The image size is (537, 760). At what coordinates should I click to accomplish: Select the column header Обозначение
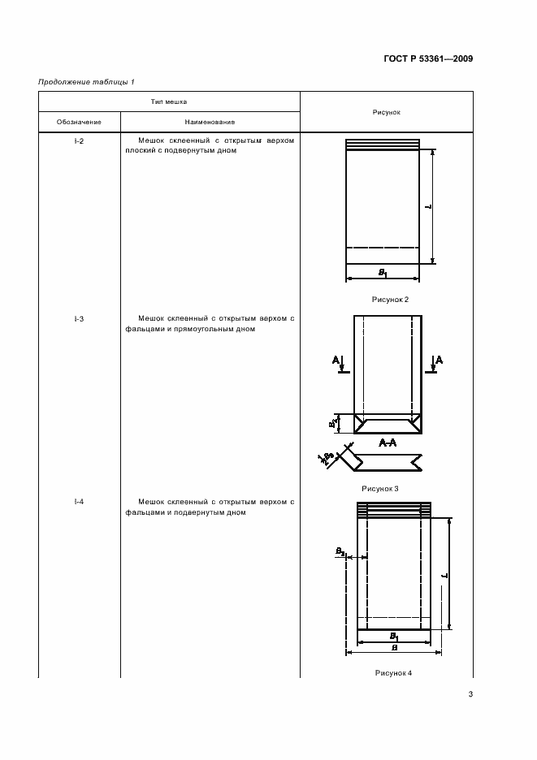click(x=79, y=122)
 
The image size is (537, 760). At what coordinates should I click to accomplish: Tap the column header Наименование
click(x=210, y=122)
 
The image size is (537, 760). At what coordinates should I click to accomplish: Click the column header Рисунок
click(x=387, y=112)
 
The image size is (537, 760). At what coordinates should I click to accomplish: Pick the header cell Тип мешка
click(x=169, y=102)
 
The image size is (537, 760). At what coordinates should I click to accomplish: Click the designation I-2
click(x=79, y=140)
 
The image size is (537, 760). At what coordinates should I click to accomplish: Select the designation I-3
click(x=79, y=319)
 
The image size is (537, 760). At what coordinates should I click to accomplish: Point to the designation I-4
click(x=79, y=502)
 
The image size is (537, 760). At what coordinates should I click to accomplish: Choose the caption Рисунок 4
click(x=393, y=673)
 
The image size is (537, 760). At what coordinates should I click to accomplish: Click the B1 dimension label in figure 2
click(x=383, y=273)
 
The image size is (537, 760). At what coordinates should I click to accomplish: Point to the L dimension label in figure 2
click(x=427, y=207)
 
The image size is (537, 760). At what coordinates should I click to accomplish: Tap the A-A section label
click(x=388, y=443)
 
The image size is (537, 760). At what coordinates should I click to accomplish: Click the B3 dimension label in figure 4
click(x=340, y=551)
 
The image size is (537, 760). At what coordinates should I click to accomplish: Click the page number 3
click(x=470, y=694)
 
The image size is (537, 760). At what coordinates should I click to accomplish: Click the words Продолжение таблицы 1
click(x=86, y=81)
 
